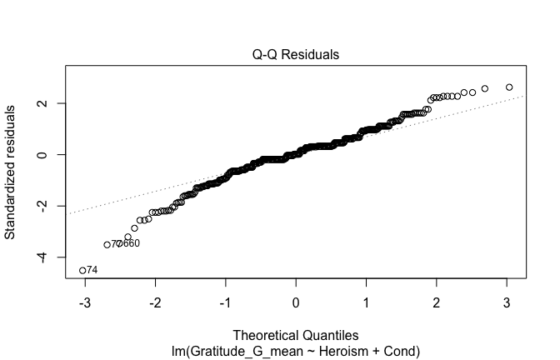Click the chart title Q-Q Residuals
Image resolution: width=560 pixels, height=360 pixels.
(x=297, y=55)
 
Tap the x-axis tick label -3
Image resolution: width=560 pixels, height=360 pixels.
(x=83, y=302)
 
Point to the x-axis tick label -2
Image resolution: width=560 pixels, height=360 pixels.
(x=154, y=302)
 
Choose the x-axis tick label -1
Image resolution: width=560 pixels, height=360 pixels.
(x=225, y=302)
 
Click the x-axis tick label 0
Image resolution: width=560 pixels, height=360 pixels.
(x=297, y=302)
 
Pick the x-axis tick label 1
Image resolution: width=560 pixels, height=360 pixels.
(x=367, y=302)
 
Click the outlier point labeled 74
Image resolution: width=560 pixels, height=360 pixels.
(x=82, y=270)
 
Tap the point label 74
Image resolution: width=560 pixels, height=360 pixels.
(x=92, y=270)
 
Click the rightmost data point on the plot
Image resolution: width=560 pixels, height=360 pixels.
(x=509, y=87)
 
